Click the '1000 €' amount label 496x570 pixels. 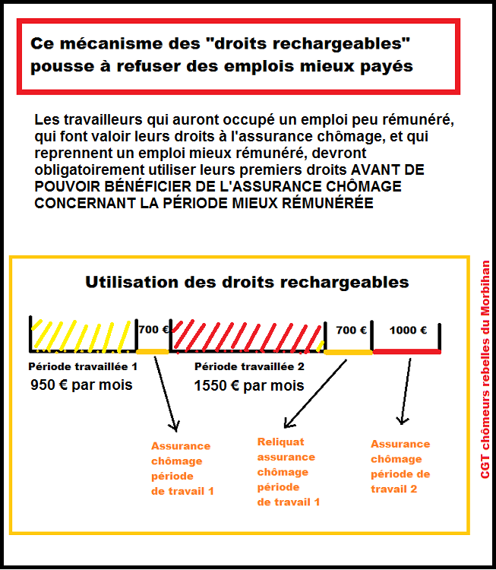(x=408, y=330)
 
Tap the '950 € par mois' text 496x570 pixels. (x=81, y=385)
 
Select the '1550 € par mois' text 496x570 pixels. (x=249, y=385)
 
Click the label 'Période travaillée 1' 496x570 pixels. (x=83, y=366)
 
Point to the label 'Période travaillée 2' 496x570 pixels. (x=249, y=366)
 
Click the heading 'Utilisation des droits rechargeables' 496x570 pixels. (x=247, y=282)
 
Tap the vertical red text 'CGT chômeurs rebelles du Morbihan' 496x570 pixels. (x=485, y=369)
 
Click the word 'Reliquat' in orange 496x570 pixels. (x=280, y=442)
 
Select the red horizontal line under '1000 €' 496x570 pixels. (x=407, y=352)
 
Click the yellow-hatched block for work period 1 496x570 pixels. (x=83, y=334)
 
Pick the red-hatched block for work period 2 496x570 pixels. (x=248, y=336)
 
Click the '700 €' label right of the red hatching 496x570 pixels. (x=351, y=330)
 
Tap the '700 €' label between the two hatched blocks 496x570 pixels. (x=153, y=329)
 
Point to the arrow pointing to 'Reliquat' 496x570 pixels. (x=315, y=394)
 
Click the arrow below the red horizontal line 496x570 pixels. (x=406, y=391)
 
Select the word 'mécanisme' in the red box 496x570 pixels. (x=130, y=43)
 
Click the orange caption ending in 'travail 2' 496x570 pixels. (x=400, y=467)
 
